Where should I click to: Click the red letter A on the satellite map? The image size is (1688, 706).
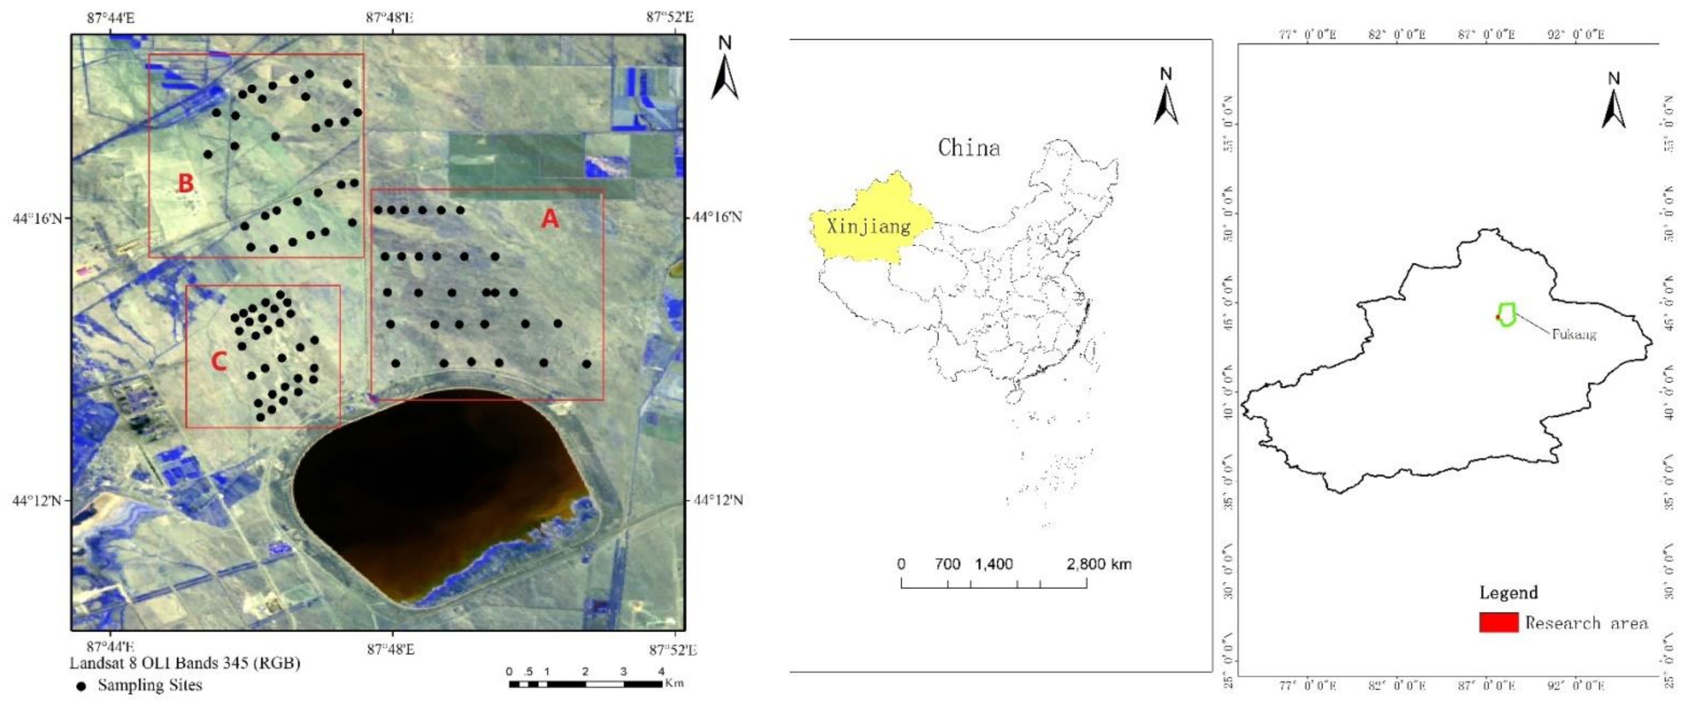(550, 219)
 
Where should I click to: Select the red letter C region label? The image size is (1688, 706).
(219, 361)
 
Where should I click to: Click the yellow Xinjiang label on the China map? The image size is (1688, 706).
(868, 226)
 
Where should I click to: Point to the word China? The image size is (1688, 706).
(969, 148)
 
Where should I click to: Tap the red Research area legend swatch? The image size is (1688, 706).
(1499, 622)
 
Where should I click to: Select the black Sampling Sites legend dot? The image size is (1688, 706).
(81, 686)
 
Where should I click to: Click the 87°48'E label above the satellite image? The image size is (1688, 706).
(389, 17)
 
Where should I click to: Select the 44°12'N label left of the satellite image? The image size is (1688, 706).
(37, 501)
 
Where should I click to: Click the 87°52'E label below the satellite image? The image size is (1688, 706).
(673, 650)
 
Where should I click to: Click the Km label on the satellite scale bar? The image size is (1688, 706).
(674, 683)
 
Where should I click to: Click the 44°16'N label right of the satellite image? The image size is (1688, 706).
(717, 217)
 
